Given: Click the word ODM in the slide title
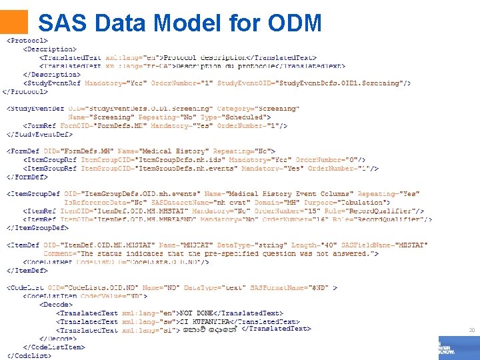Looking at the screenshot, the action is [295, 23].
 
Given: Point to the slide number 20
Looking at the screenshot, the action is [471, 330].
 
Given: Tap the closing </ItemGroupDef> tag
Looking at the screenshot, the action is [38, 228].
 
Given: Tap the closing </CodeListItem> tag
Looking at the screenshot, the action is [55, 347].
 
